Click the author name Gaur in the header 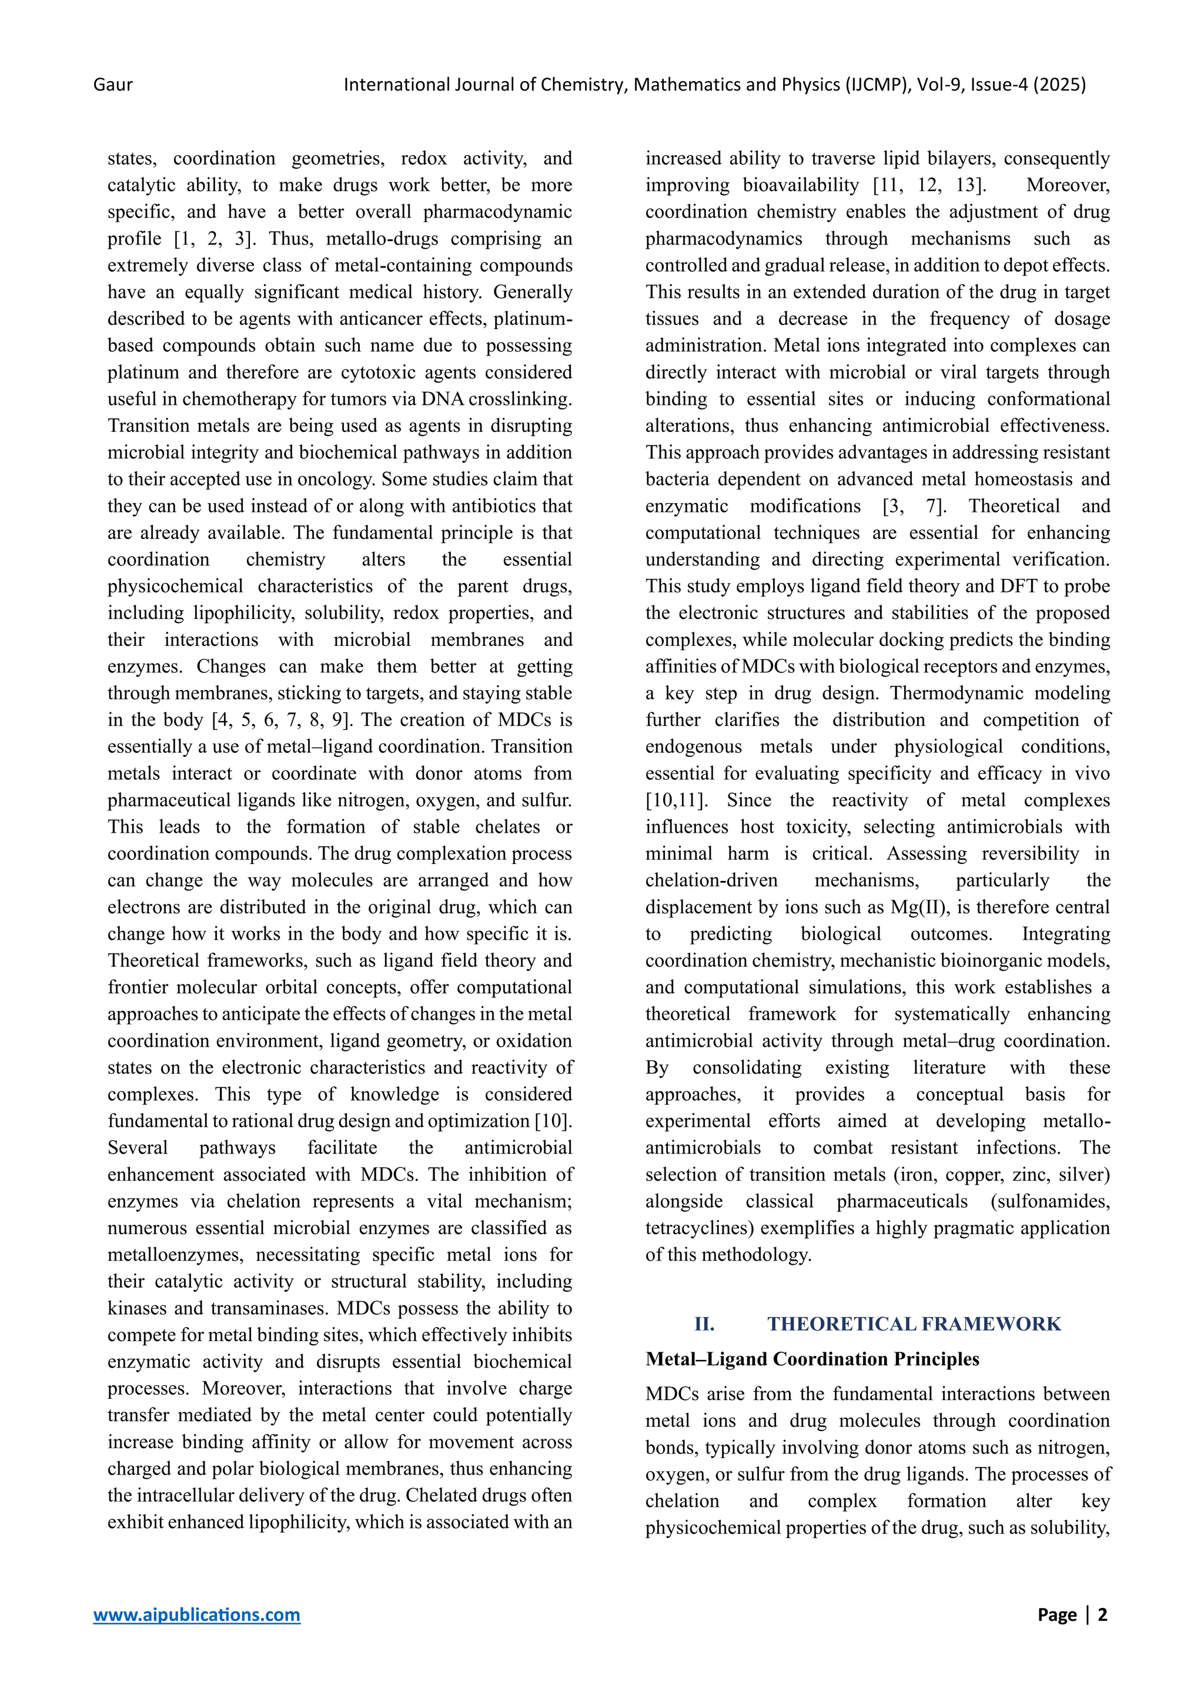pyautogui.click(x=113, y=85)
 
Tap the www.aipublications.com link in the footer pyautogui.click(x=196, y=1614)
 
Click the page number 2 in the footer pyautogui.click(x=1102, y=1614)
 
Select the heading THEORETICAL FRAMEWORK pyautogui.click(x=914, y=1324)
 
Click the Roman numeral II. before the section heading pyautogui.click(x=704, y=1324)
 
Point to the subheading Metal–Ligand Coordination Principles pyautogui.click(x=812, y=1359)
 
